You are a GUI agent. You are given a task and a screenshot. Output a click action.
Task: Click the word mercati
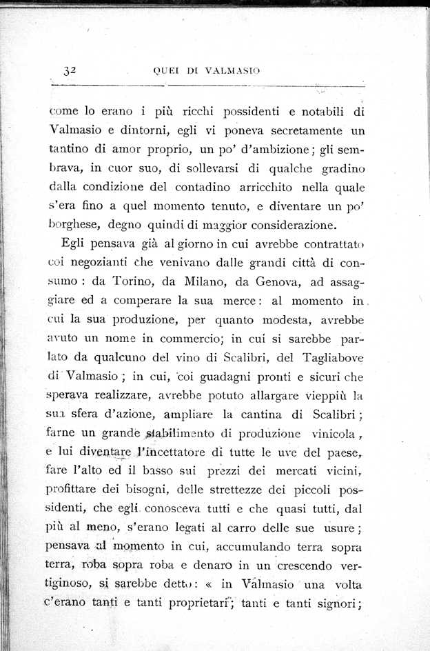tap(300, 472)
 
